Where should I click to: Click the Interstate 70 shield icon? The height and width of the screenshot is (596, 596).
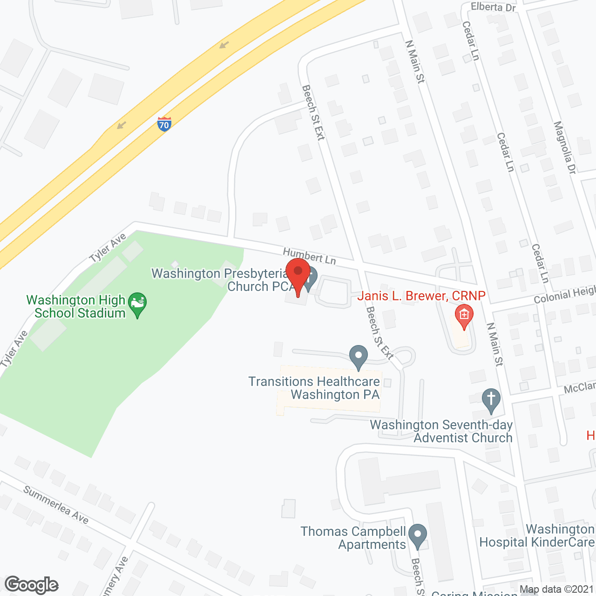click(164, 124)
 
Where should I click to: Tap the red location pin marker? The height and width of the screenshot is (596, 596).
click(298, 275)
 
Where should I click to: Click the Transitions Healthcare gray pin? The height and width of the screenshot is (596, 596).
click(358, 357)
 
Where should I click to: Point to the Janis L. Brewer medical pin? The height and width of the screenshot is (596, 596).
click(464, 316)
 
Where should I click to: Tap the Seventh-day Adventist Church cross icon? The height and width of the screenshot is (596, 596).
click(491, 400)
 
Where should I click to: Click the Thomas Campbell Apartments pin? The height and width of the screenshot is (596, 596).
click(418, 536)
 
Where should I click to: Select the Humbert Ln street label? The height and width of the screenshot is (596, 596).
click(309, 256)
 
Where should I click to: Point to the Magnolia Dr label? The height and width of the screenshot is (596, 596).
click(565, 148)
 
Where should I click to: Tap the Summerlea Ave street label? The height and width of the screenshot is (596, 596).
click(56, 505)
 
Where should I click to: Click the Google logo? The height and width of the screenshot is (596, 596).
click(32, 585)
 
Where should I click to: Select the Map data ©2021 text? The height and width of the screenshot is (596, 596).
click(556, 589)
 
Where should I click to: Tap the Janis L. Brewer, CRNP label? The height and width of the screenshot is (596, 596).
click(421, 296)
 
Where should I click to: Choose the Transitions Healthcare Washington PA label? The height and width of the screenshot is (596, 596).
click(314, 388)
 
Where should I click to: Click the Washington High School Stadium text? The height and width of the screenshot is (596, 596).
click(76, 306)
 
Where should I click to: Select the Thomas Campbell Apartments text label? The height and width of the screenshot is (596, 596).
click(353, 538)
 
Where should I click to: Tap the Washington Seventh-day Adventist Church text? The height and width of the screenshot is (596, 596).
click(441, 431)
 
